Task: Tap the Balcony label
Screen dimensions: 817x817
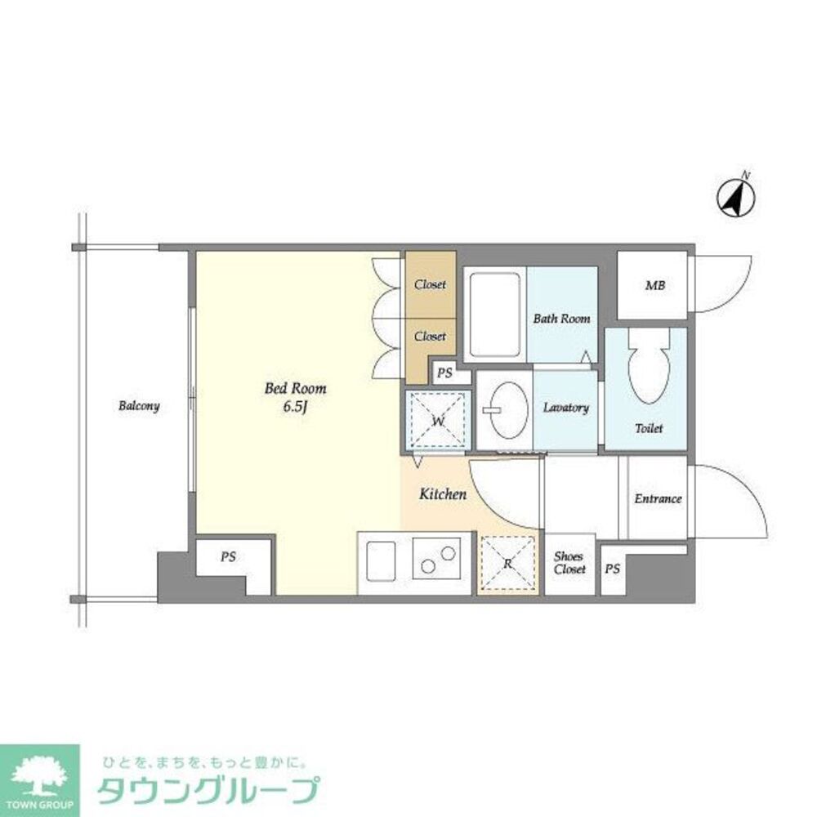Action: [x=138, y=406]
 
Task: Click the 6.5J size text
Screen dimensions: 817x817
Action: [x=296, y=408]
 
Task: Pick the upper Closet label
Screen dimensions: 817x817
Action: [x=430, y=285]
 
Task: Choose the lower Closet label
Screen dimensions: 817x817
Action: [x=430, y=336]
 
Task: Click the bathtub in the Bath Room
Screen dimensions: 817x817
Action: [x=494, y=315]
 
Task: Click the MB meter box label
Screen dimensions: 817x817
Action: [x=655, y=286]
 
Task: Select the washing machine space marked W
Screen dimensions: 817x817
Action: [x=438, y=421]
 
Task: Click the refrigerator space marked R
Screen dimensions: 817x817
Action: [x=507, y=564]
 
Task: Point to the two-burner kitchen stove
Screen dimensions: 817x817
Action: [x=441, y=560]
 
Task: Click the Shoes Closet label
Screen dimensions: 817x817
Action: [x=569, y=563]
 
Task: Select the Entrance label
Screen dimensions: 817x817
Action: [x=659, y=498]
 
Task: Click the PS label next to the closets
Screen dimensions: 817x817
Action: [x=444, y=373]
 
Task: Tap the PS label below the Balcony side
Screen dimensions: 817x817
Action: [x=228, y=557]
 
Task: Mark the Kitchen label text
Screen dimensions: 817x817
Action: [x=443, y=494]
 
